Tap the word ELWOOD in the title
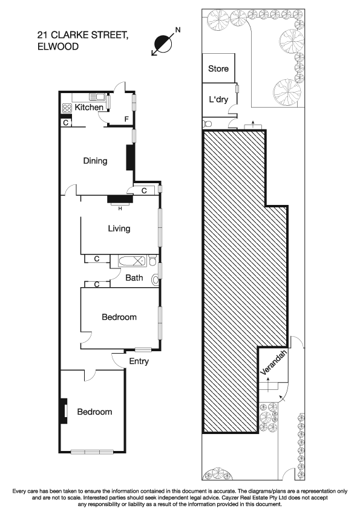coord(57,47)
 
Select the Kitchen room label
coord(89,108)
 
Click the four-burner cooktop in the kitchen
coord(66,109)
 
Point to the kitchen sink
coord(96,97)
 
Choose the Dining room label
coord(95,161)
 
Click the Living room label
coord(119,229)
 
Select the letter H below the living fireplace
coord(120,209)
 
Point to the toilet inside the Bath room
coord(157,279)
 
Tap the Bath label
coord(134,278)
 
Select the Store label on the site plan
coord(218,69)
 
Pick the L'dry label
coord(218,99)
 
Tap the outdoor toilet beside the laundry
coord(208,124)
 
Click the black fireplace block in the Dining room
coord(129,157)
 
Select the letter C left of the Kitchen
coord(65,123)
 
